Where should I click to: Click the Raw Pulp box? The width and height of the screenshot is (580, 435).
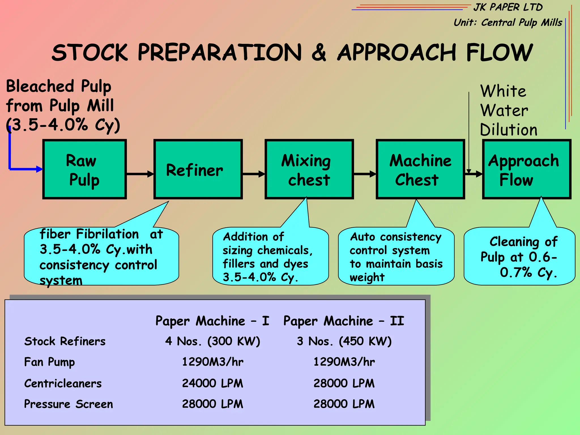84,169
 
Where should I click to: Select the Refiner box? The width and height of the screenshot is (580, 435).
198,169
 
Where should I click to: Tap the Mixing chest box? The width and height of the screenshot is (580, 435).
309,169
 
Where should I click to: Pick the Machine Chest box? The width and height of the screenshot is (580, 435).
420,169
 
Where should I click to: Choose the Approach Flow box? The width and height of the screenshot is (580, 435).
526,169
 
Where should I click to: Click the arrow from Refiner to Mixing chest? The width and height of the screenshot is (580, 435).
253,174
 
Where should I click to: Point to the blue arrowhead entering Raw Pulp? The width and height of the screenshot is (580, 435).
39,169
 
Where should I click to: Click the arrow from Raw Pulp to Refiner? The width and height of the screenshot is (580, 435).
140,174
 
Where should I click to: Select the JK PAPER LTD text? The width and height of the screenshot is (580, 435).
508,7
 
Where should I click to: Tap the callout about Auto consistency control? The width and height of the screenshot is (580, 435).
396,257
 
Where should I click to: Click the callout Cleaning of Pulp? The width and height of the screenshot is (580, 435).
519,257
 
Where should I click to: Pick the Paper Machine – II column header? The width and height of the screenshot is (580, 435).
344,321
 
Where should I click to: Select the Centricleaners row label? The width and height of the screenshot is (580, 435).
63,383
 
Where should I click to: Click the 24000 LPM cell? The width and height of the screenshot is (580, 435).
212,383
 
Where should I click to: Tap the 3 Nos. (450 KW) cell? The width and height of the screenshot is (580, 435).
344,341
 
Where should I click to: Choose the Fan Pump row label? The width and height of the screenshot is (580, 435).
50,362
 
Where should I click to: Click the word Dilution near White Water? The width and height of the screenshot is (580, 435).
509,130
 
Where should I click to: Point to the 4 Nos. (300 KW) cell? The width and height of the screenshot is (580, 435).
212,341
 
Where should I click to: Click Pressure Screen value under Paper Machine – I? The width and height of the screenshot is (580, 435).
212,404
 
